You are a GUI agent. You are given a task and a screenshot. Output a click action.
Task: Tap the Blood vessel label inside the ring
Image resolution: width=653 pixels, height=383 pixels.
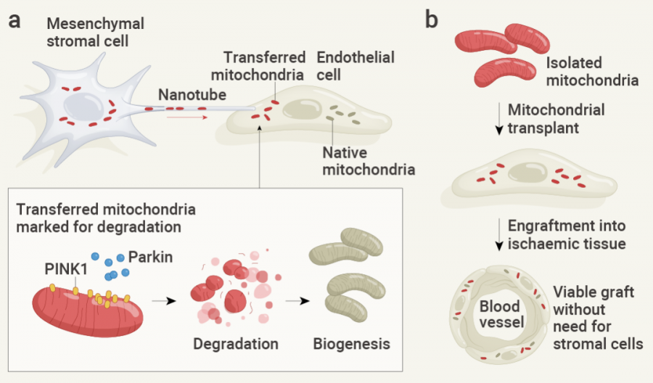point(501,313)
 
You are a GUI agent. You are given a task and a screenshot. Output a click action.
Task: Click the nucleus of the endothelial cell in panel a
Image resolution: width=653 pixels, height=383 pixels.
point(299,110)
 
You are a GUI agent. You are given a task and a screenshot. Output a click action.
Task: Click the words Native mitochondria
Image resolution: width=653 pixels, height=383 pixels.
point(368,162)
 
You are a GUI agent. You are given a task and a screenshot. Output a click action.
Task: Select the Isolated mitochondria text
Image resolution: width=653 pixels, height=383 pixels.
point(591,71)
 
